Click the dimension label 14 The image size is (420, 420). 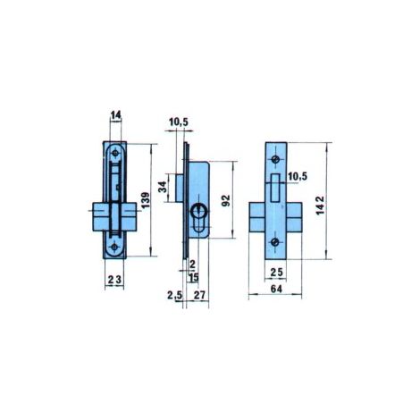point(116,114)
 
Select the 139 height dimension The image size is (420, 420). point(146,200)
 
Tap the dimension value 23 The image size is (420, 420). point(114,280)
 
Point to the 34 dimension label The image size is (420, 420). point(163,187)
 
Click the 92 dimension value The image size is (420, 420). point(226,200)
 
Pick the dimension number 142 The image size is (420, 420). point(321,205)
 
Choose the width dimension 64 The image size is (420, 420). point(276,289)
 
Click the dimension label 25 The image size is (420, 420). point(277,272)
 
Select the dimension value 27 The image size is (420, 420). point(199,295)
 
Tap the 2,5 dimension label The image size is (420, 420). point(174,295)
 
